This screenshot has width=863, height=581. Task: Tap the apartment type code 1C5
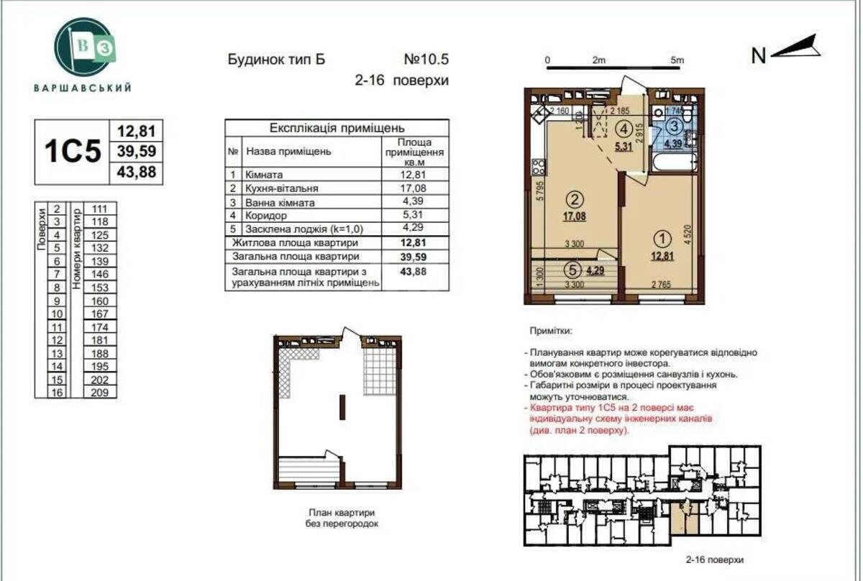tap(73, 152)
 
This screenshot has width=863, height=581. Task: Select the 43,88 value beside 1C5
tap(136, 173)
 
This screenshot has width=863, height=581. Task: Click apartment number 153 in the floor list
tap(100, 287)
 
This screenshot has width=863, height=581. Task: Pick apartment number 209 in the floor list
tap(100, 392)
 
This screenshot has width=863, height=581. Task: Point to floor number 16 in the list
tap(57, 392)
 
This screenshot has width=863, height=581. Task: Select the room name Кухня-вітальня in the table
tap(281, 188)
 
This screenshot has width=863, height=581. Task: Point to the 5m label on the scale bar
tap(675, 60)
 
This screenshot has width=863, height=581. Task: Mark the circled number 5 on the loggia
tap(572, 271)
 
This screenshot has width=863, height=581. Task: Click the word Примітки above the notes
tap(551, 331)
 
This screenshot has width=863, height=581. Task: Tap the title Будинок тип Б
tap(276, 60)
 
